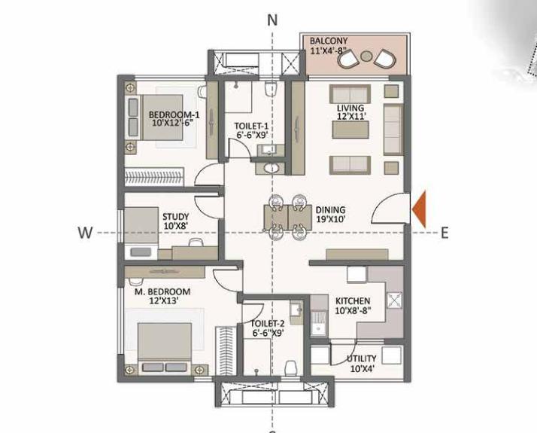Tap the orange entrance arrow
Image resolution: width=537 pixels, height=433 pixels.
(419, 209)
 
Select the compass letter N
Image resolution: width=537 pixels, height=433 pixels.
(273, 20)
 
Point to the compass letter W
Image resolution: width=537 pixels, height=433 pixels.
(85, 233)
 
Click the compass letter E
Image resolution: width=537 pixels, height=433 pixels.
(444, 233)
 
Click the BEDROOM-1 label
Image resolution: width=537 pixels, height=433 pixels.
(174, 118)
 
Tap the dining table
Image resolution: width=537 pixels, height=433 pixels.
(288, 217)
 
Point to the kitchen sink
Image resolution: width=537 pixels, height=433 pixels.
(320, 326)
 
